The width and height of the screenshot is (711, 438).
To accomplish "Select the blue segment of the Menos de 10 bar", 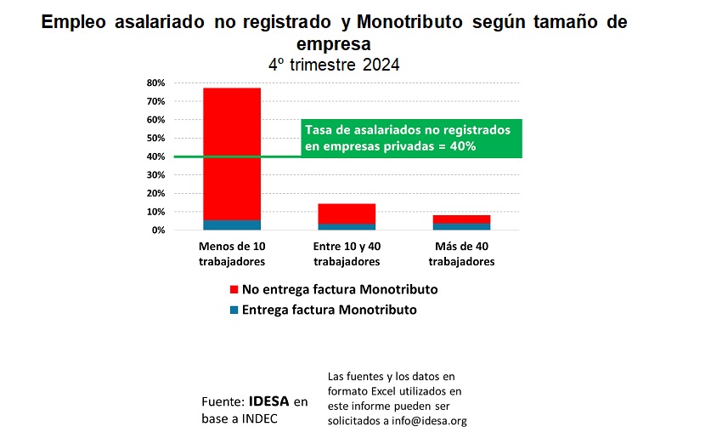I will pyautogui.click(x=231, y=225).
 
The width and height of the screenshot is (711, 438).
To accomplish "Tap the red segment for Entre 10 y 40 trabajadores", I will pyautogui.click(x=346, y=213).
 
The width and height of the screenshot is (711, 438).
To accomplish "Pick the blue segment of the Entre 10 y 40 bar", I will pyautogui.click(x=346, y=227).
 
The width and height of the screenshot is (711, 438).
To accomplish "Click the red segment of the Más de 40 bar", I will pyautogui.click(x=461, y=219).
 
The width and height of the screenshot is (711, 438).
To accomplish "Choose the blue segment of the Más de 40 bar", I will pyautogui.click(x=461, y=227).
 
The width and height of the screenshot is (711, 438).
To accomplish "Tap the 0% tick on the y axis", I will pyautogui.click(x=156, y=230).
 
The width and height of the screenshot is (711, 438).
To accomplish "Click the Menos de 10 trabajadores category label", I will pyautogui.click(x=231, y=253).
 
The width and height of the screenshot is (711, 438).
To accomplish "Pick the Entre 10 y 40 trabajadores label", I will pyautogui.click(x=346, y=253).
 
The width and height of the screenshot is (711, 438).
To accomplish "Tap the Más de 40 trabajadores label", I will pyautogui.click(x=461, y=253).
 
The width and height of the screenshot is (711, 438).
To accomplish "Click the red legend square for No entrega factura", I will pyautogui.click(x=234, y=290).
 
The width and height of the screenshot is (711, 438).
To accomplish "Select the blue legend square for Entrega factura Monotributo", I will pyautogui.click(x=234, y=310).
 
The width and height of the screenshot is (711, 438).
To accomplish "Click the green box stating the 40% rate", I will pyautogui.click(x=411, y=139).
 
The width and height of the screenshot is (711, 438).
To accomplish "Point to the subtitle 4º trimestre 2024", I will pyautogui.click(x=334, y=64).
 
